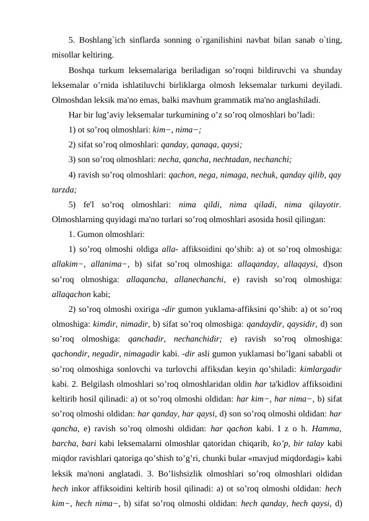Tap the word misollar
tap(67, 54)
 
